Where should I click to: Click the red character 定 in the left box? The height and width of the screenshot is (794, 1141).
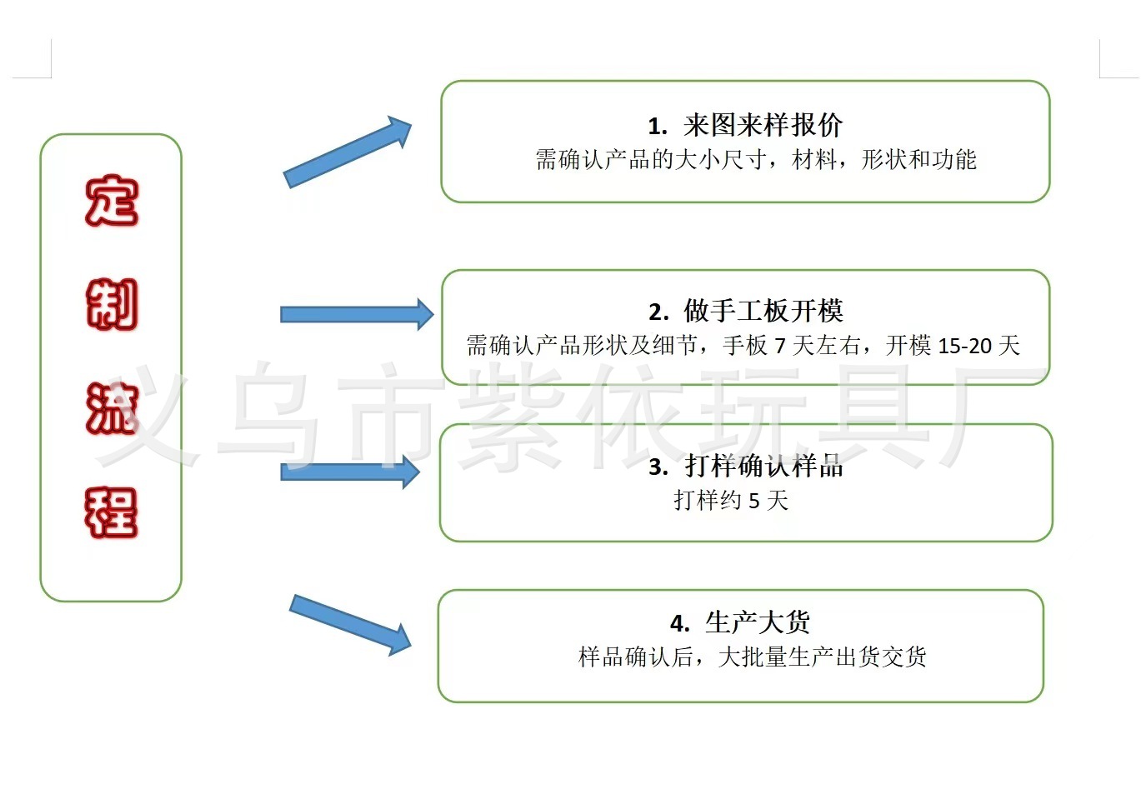(111, 201)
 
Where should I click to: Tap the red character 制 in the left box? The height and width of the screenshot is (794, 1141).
(111, 305)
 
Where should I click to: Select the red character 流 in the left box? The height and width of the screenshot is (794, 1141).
(111, 409)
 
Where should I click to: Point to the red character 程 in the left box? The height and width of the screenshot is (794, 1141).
(111, 512)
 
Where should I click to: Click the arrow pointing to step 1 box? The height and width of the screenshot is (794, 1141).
(347, 152)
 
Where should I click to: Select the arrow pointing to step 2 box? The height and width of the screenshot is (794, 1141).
(356, 314)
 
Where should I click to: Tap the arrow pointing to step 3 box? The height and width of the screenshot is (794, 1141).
(349, 472)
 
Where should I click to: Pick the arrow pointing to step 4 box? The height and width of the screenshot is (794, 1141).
(350, 623)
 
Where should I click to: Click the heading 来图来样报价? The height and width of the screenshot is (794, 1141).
(763, 126)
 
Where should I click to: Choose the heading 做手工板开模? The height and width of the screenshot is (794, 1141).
(763, 312)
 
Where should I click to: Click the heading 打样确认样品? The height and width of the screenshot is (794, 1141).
(764, 467)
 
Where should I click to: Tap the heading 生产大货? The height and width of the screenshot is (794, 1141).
(758, 622)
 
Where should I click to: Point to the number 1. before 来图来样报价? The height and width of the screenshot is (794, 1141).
(658, 127)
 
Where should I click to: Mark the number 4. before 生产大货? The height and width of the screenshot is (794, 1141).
(680, 623)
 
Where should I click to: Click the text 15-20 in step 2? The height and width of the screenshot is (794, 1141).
(967, 346)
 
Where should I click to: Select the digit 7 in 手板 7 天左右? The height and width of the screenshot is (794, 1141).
(780, 346)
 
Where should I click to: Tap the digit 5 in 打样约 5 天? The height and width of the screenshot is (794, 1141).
(754, 501)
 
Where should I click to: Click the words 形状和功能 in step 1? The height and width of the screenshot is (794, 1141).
(918, 159)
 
